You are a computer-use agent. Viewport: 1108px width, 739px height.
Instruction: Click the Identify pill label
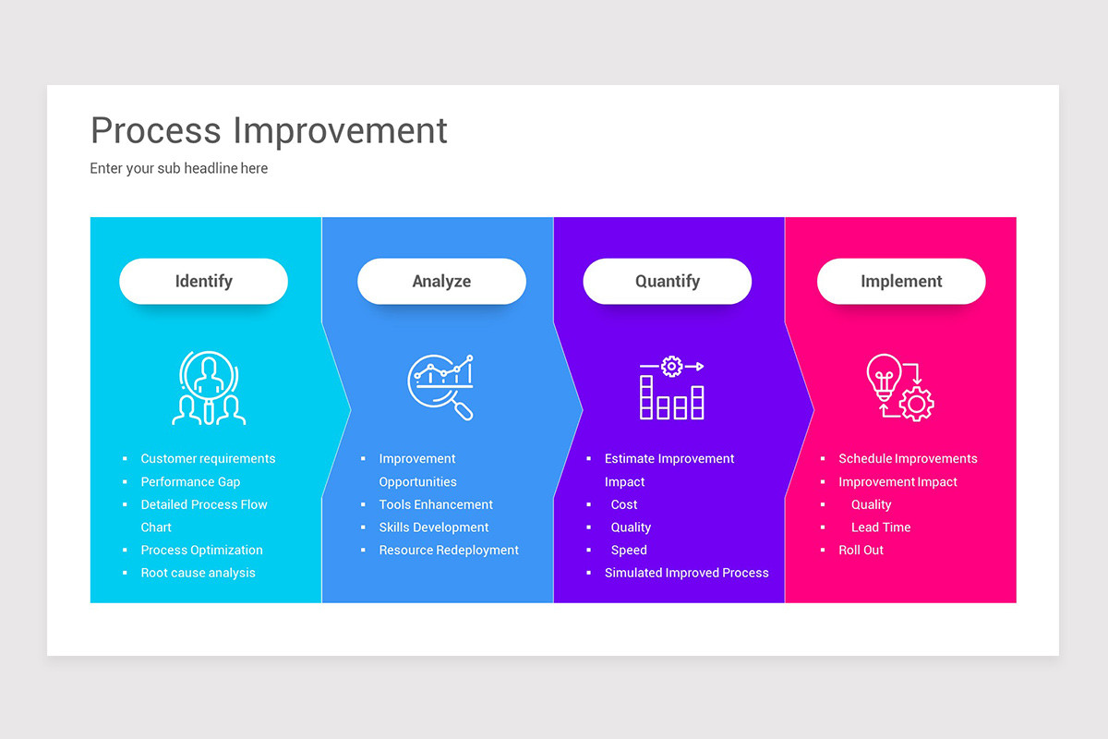(x=203, y=282)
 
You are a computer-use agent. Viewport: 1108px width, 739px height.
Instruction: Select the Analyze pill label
(x=441, y=282)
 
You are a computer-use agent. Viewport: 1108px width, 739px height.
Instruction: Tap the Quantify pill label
(x=667, y=282)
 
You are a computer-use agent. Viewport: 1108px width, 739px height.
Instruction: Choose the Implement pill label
(x=901, y=282)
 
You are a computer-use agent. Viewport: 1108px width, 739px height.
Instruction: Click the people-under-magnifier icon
(x=209, y=388)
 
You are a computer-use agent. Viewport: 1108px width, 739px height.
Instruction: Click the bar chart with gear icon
(x=671, y=388)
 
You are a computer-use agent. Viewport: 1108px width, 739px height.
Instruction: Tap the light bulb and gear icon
(x=899, y=388)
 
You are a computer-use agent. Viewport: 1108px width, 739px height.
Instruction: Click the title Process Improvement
(x=269, y=130)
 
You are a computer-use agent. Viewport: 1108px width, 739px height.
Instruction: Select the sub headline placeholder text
(x=179, y=168)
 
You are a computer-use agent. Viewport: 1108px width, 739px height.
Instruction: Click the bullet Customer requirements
(x=208, y=459)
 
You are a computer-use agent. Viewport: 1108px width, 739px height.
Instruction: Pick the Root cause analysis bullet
(x=198, y=573)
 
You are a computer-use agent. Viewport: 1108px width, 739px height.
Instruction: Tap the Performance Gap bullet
(x=190, y=482)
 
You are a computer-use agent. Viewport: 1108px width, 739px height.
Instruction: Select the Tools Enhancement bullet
(x=436, y=504)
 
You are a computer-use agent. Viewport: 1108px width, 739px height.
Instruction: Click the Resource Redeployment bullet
(x=449, y=550)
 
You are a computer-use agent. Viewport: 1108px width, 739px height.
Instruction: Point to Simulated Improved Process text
(x=686, y=573)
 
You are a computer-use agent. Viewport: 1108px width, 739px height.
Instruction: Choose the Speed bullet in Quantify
(x=629, y=550)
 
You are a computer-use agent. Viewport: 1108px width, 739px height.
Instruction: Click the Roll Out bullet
(x=861, y=550)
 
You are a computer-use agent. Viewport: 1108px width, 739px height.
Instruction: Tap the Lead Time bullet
(x=881, y=527)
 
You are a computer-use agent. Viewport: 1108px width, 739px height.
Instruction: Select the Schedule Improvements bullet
(x=908, y=459)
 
